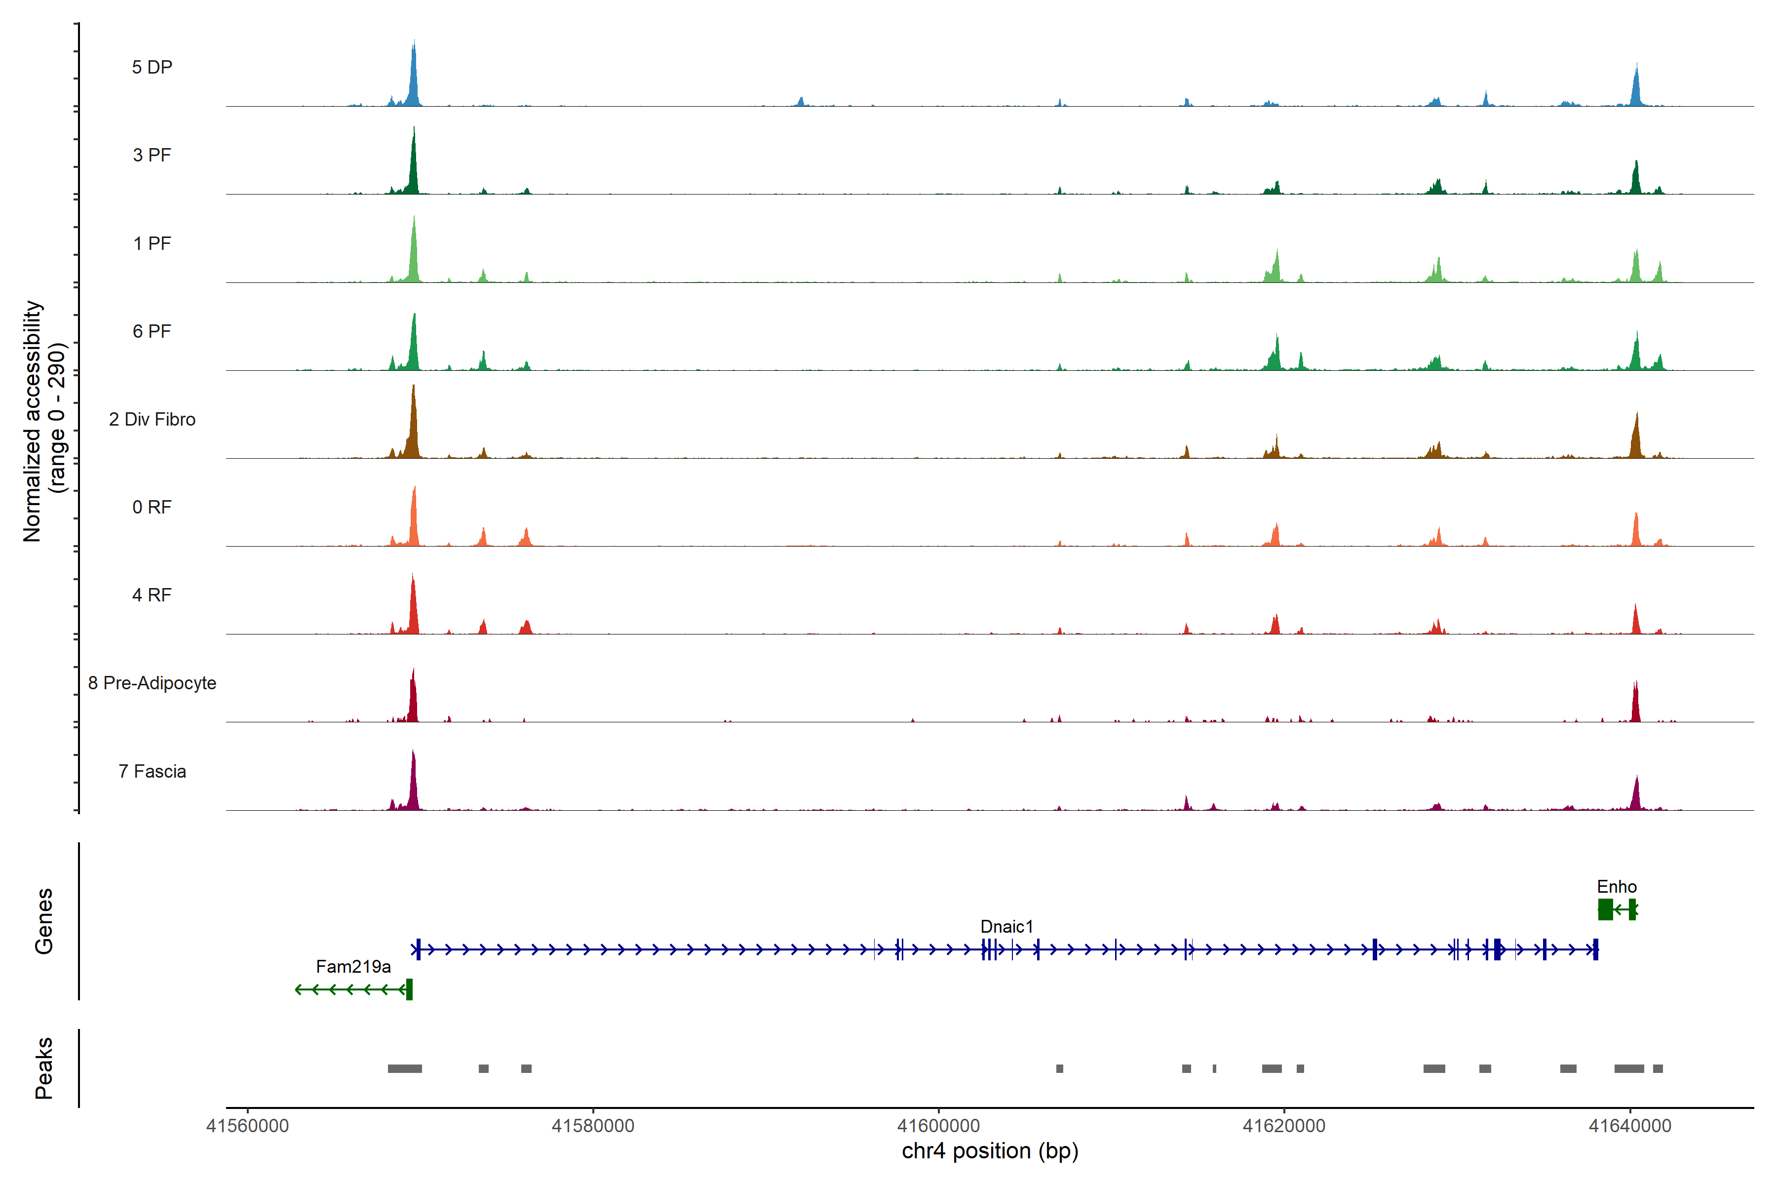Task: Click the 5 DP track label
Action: (152, 67)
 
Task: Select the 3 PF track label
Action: (152, 155)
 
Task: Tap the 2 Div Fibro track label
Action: (152, 419)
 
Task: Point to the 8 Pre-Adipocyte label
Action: (152, 683)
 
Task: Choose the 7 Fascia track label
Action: (152, 772)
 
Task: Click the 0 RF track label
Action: (152, 507)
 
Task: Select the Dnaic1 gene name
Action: (1006, 927)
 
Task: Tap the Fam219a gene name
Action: (353, 967)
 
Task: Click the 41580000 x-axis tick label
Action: (593, 1126)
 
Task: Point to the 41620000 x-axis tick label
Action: (1284, 1126)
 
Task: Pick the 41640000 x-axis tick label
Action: (1630, 1126)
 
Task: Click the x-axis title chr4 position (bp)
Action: (990, 1151)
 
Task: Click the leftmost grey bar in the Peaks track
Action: (405, 1068)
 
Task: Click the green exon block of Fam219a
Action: (410, 989)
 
